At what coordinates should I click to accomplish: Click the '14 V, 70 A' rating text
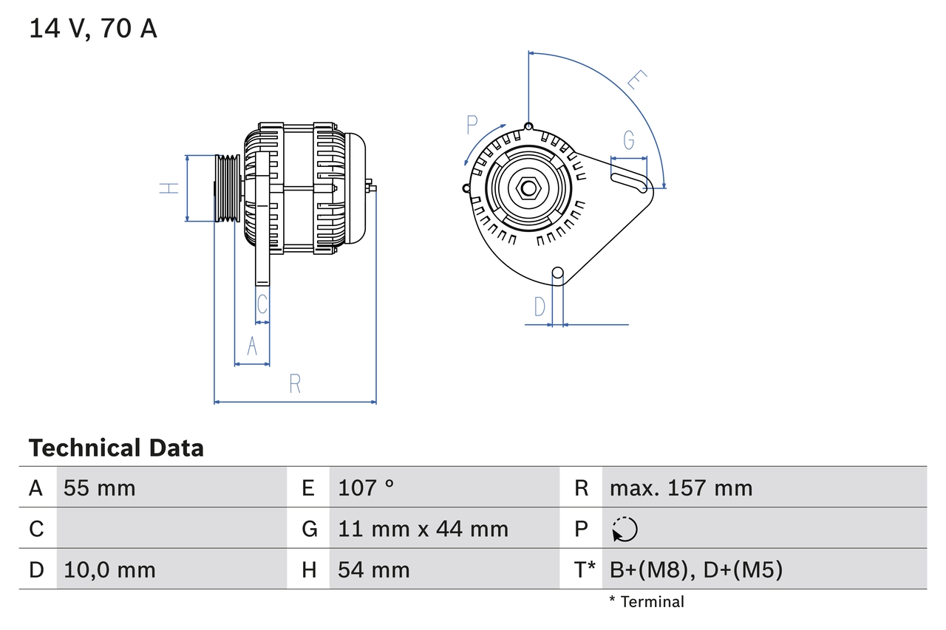[93, 29]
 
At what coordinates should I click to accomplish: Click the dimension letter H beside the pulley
[170, 188]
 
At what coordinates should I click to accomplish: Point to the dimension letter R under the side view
[294, 384]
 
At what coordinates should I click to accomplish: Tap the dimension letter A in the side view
[252, 346]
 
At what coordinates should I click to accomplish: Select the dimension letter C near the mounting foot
[262, 303]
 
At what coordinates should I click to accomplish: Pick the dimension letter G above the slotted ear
[628, 140]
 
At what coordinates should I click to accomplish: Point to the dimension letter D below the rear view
[540, 306]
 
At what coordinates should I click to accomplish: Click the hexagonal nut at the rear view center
[528, 188]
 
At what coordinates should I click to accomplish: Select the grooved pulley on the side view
[228, 188]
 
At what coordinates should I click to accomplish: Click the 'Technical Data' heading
[116, 448]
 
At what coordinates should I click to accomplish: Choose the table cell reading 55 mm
[100, 488]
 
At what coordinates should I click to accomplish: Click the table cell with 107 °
[366, 488]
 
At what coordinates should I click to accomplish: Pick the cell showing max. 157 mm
[681, 488]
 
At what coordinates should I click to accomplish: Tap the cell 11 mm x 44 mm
[423, 529]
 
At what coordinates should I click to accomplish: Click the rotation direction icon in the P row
[625, 529]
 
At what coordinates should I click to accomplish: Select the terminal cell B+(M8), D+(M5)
[695, 569]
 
